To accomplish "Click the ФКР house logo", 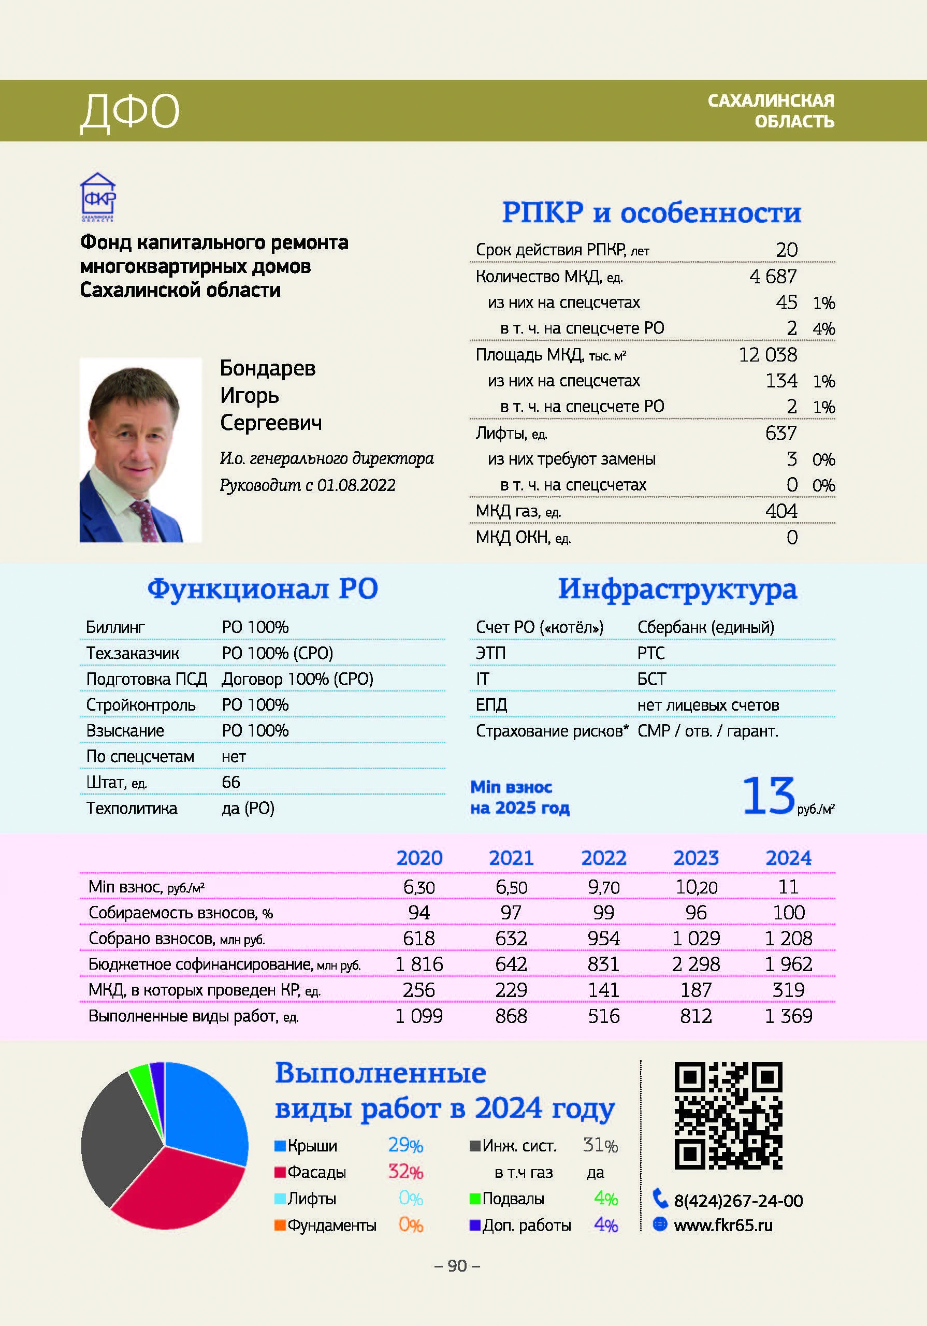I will tap(97, 196).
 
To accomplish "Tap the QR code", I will tap(728, 1115).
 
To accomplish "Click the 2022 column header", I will tap(603, 858).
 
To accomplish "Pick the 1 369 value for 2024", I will tap(788, 1016).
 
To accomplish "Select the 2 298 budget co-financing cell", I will tap(696, 964).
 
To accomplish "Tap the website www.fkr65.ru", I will tap(723, 1225).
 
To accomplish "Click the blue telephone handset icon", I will tap(660, 1199).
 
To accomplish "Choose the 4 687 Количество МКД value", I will tap(773, 277).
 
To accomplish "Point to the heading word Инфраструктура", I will tap(677, 589).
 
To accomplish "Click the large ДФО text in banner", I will tap(130, 111).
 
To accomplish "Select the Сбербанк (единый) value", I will tap(706, 627).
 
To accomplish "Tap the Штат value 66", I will tap(231, 782).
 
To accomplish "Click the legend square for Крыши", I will tap(280, 1146).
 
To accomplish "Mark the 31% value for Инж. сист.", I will tap(600, 1145).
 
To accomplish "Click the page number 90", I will tap(457, 1266).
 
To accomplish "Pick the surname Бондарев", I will tap(267, 368).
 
